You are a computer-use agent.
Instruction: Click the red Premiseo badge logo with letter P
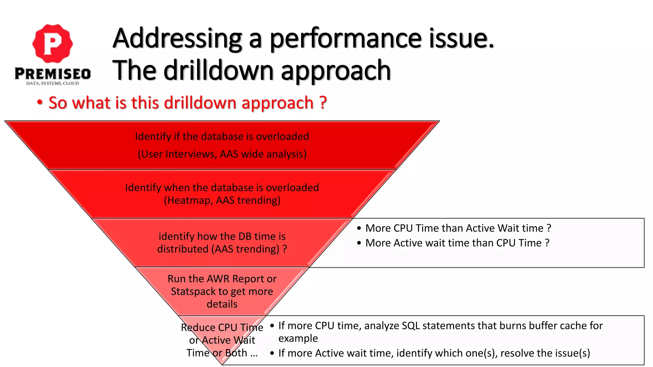pyautogui.click(x=53, y=44)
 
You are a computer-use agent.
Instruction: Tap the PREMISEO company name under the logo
pyautogui.click(x=53, y=74)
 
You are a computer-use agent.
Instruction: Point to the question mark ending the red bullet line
pyautogui.click(x=323, y=103)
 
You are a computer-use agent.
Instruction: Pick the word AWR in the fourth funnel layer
pyautogui.click(x=218, y=279)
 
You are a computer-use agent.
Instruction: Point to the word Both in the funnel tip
pyautogui.click(x=236, y=353)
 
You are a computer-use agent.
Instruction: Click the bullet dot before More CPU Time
pyautogui.click(x=359, y=228)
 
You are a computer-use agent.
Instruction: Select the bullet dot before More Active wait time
pyautogui.click(x=359, y=243)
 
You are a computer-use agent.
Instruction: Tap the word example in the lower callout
pyautogui.click(x=298, y=338)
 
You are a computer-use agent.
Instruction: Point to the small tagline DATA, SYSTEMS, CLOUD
pyautogui.click(x=53, y=83)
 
